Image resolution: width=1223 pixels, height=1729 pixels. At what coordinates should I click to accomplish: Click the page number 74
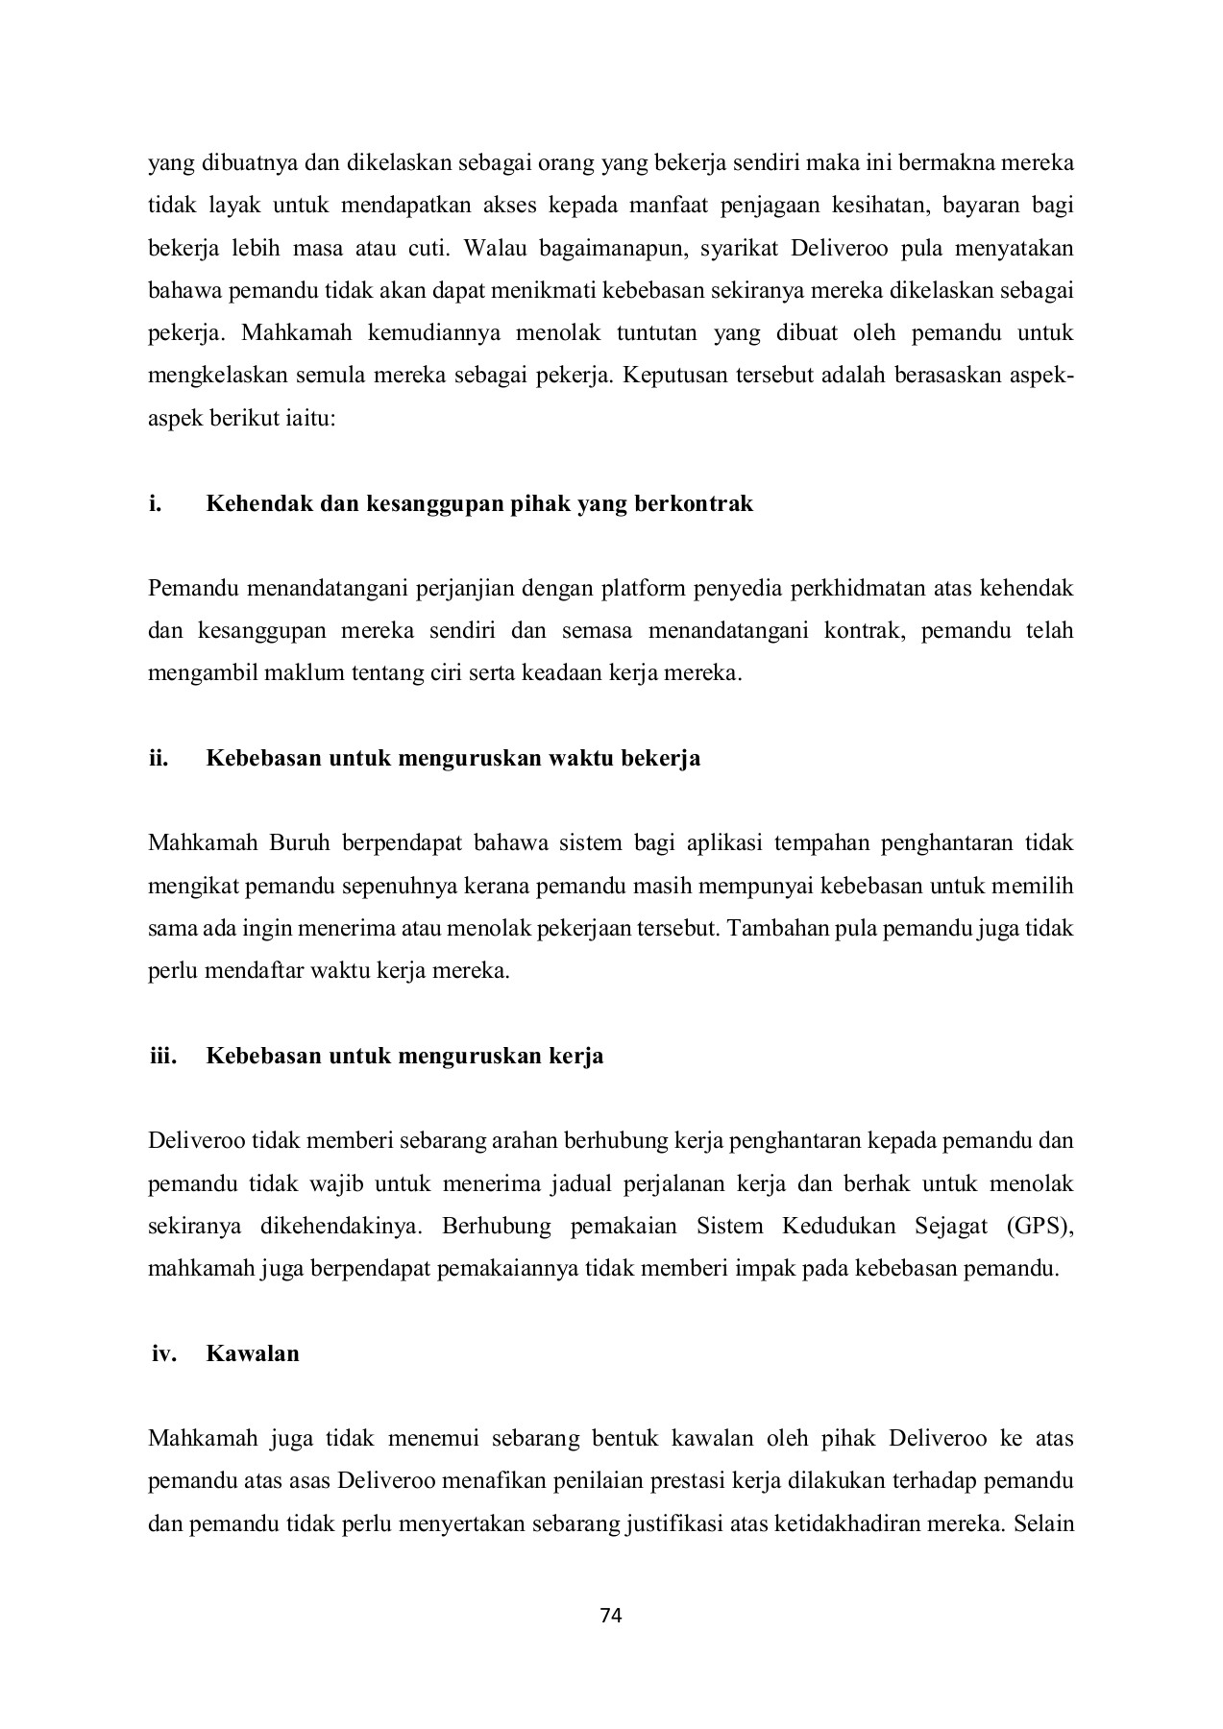611,1615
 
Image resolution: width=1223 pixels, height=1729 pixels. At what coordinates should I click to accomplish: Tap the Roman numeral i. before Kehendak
154,503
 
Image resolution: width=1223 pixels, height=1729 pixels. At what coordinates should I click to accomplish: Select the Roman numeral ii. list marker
158,758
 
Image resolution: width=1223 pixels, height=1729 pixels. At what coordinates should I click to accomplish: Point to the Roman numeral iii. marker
162,1056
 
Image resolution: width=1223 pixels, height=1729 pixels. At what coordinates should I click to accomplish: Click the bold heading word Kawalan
253,1353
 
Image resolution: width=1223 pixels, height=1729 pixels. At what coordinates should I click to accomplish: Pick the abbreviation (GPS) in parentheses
1040,1226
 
